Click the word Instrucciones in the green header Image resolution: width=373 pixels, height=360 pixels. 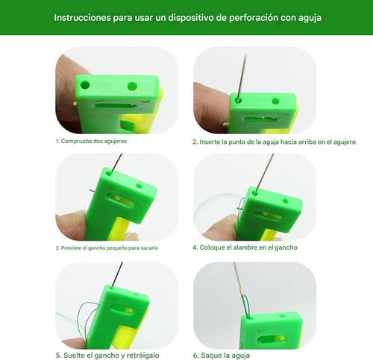pos(82,18)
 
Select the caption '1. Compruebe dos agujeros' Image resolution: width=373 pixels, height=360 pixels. pos(91,141)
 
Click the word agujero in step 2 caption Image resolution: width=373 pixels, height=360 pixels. pos(345,142)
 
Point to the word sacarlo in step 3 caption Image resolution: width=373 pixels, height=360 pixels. pos(149,248)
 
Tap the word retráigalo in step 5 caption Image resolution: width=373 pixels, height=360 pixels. pos(143,356)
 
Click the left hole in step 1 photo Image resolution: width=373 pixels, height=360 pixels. pos(85,85)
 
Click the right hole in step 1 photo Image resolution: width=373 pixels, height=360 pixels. pos(132,86)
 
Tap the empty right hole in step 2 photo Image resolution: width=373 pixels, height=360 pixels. pos(275,101)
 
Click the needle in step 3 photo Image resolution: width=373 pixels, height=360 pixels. pos(116,162)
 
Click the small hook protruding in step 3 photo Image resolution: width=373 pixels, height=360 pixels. pos(92,191)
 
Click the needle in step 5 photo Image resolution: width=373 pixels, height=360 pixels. pos(117,274)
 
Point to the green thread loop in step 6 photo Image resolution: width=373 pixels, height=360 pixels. pos(245,306)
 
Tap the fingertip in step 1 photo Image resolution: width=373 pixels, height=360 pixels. pos(65,92)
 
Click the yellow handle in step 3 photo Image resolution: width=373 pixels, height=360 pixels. pos(119,229)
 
